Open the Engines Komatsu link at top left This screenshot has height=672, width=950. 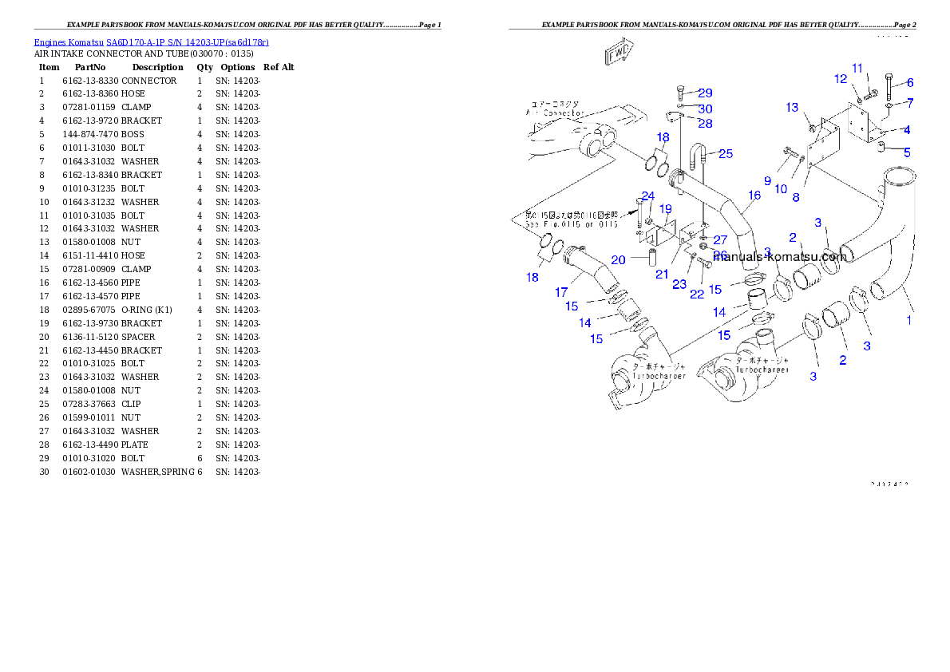151,42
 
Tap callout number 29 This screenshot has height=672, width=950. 705,93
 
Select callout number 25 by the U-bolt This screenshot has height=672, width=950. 725,153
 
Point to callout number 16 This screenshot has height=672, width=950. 754,195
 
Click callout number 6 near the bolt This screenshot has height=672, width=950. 910,83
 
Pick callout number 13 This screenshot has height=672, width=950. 792,108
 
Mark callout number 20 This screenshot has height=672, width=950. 618,260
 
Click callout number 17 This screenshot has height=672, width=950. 561,293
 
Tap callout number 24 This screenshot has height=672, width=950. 647,196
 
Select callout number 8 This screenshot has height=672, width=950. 796,197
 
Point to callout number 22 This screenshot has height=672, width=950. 697,294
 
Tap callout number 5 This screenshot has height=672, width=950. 908,152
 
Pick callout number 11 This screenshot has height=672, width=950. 857,68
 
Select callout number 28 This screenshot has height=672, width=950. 705,123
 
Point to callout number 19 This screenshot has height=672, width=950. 666,209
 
